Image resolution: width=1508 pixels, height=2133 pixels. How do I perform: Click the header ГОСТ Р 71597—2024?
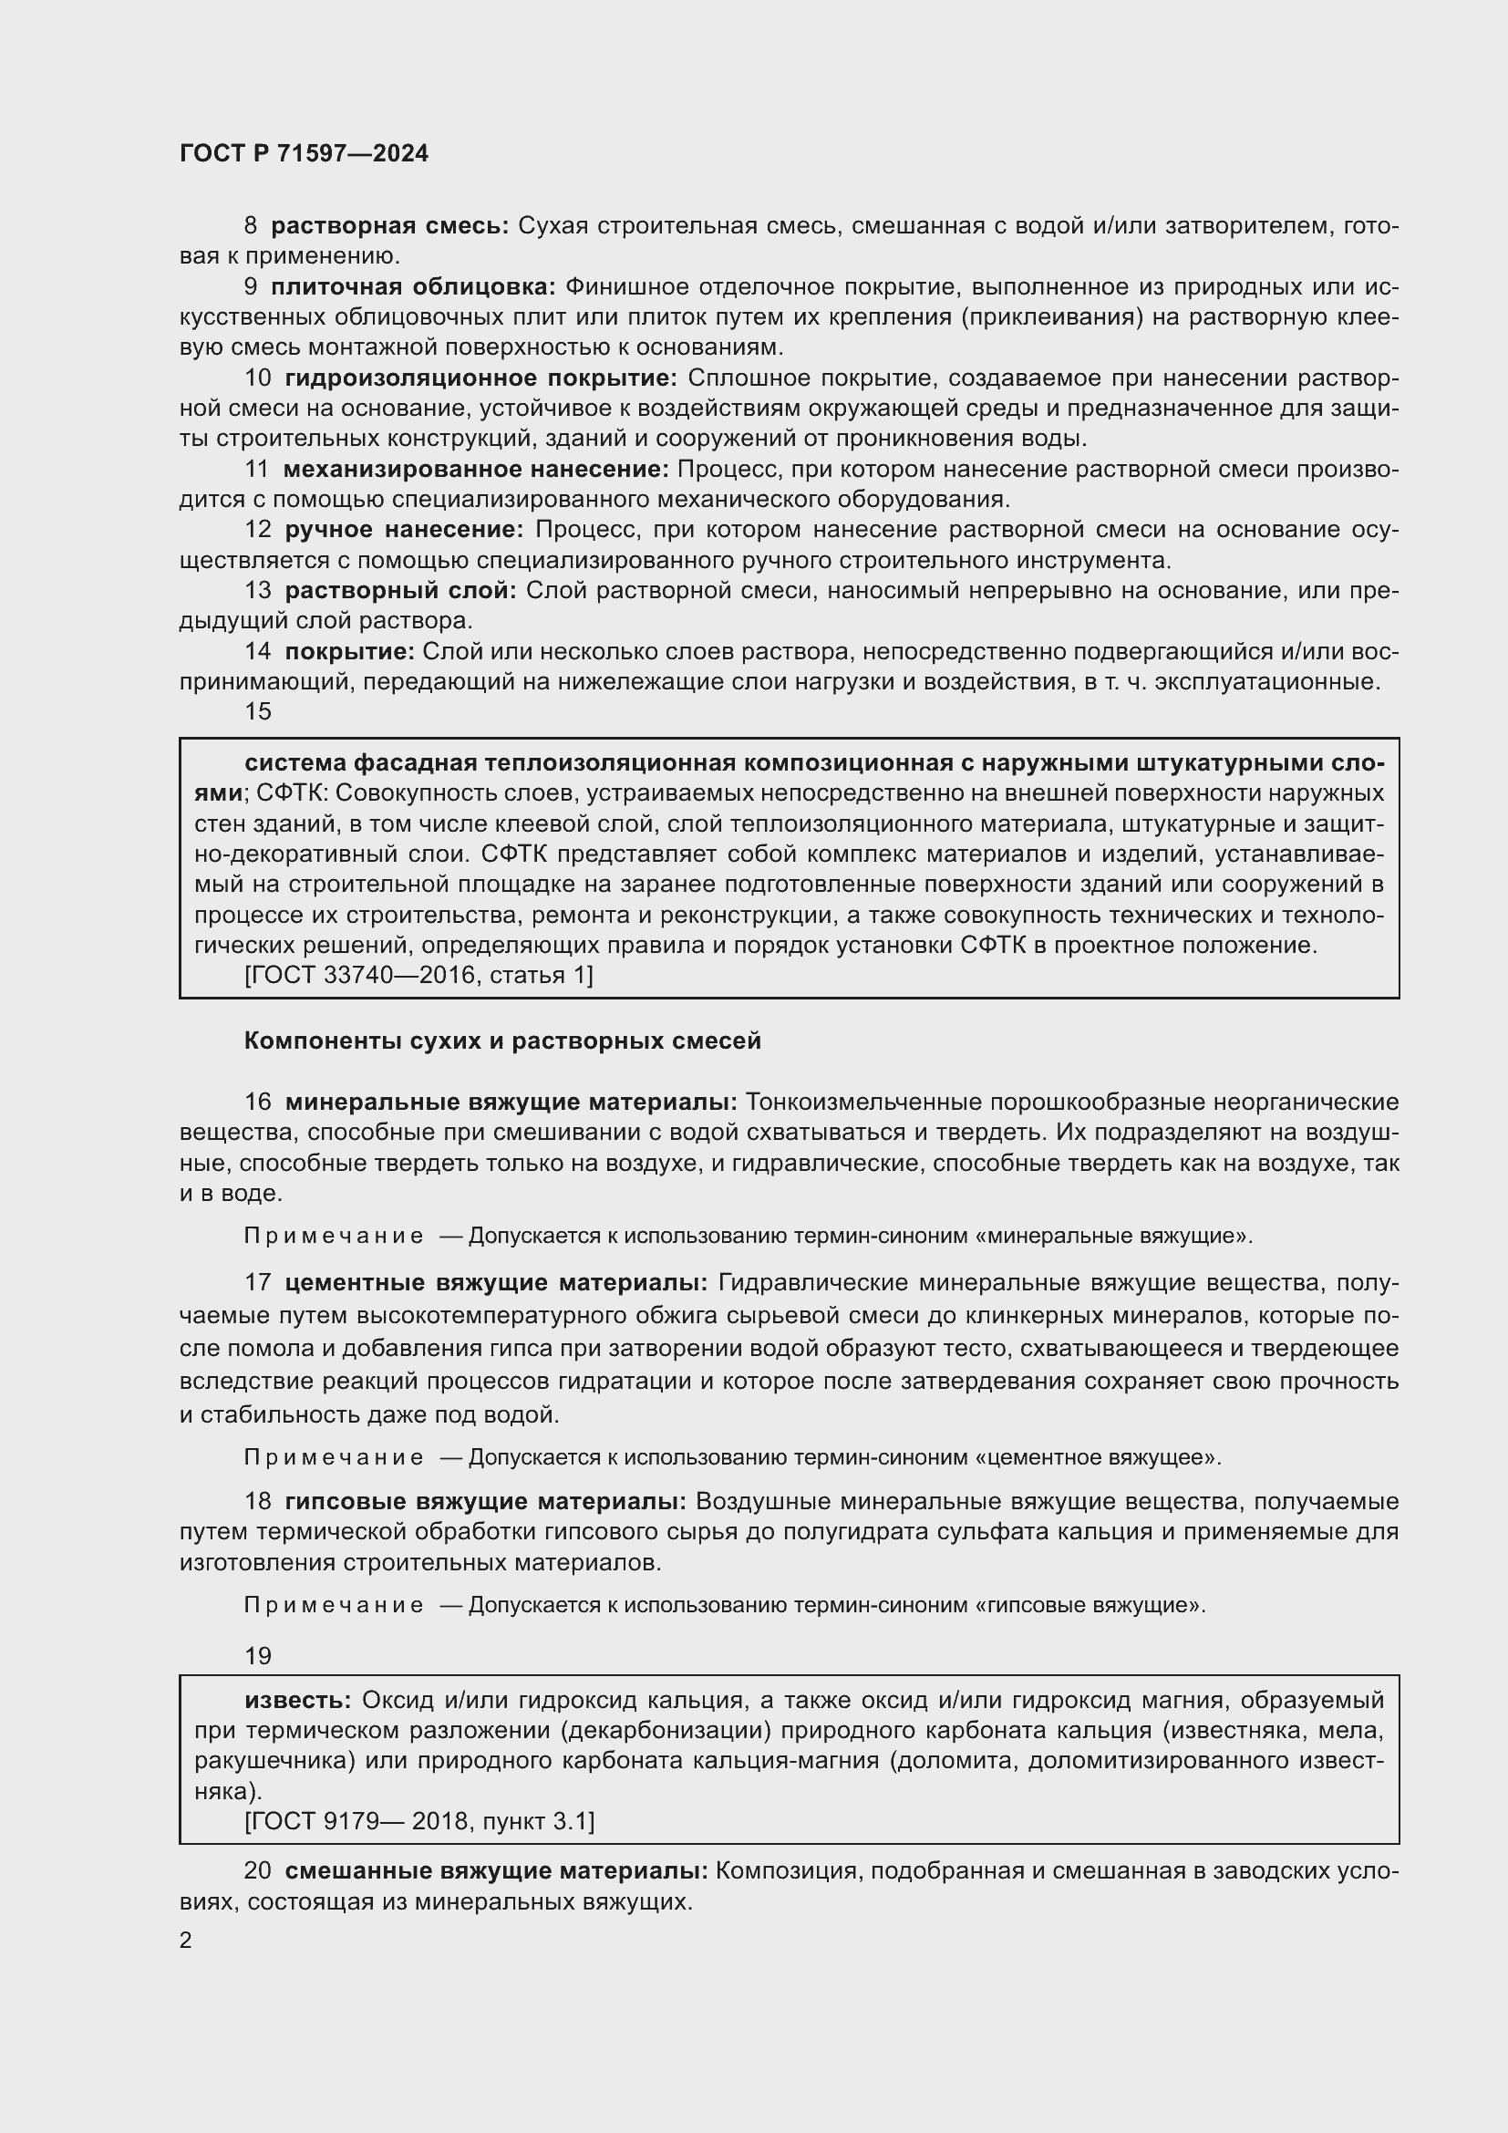(304, 154)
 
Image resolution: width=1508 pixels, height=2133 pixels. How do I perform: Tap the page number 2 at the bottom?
(186, 1941)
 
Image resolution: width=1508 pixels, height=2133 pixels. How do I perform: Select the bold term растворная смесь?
(389, 226)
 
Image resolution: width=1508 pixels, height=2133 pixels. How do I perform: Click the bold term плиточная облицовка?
(412, 287)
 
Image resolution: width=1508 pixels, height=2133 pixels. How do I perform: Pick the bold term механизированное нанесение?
(475, 469)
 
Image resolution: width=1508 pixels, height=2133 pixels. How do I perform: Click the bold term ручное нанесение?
(404, 530)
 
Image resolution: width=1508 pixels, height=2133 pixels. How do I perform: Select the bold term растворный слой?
(399, 590)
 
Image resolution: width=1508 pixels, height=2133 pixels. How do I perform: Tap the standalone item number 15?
(257, 711)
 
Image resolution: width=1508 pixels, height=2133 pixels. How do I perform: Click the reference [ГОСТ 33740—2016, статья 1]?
(418, 975)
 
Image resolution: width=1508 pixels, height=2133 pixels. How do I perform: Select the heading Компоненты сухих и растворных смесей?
(502, 1041)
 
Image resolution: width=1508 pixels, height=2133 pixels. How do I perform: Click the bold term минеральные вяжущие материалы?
(511, 1103)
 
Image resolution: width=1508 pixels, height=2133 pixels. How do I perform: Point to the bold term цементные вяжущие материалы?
(496, 1284)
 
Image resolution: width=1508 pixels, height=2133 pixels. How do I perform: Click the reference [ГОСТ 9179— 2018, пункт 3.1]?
(418, 1821)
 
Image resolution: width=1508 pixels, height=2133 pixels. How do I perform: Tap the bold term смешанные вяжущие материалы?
(496, 1871)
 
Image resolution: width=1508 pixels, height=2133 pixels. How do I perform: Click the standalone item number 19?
(257, 1655)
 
